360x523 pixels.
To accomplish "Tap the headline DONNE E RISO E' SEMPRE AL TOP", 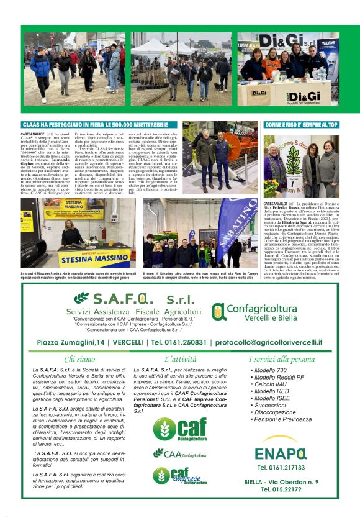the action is coord(302,125).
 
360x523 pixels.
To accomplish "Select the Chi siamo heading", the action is coord(79,359).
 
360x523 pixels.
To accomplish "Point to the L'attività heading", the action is coord(180,359).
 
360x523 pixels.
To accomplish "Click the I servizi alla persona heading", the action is coord(281,359).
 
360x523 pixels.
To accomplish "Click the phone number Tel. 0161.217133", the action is coord(281,467).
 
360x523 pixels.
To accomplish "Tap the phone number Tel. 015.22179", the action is coord(281,489).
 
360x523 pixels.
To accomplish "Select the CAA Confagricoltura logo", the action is coord(180,454).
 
